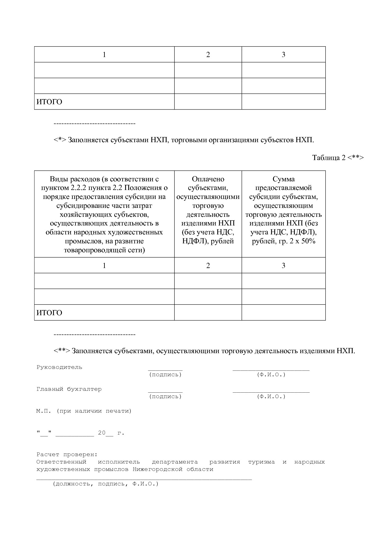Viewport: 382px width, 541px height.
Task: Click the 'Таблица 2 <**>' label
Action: (x=338, y=158)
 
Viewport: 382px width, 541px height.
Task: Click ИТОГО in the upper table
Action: (x=49, y=102)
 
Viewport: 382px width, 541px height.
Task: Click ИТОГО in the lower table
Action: (x=49, y=313)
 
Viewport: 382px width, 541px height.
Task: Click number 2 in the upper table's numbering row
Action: (x=208, y=55)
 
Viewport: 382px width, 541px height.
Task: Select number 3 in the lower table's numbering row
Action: (x=283, y=266)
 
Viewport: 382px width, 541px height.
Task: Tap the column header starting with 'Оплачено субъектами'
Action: (x=208, y=210)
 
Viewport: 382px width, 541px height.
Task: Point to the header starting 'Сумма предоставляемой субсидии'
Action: (x=283, y=210)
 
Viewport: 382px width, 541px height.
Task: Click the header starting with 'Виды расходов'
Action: (x=104, y=214)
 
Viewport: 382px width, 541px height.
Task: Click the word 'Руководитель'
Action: (x=59, y=367)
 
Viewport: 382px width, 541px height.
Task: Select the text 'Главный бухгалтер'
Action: (x=69, y=389)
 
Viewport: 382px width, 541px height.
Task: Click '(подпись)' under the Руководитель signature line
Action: (x=165, y=374)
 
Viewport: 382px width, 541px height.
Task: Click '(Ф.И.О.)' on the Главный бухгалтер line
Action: (x=271, y=396)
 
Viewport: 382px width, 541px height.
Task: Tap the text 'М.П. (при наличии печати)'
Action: (x=84, y=411)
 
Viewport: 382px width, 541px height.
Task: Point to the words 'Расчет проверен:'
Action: (x=67, y=454)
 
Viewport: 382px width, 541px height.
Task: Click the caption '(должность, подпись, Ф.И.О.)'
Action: (x=105, y=484)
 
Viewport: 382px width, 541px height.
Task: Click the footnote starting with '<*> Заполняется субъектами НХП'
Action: (x=184, y=140)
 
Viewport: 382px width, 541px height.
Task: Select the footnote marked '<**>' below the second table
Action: (x=204, y=351)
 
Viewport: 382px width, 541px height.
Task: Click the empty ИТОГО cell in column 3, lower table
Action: (x=283, y=312)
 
